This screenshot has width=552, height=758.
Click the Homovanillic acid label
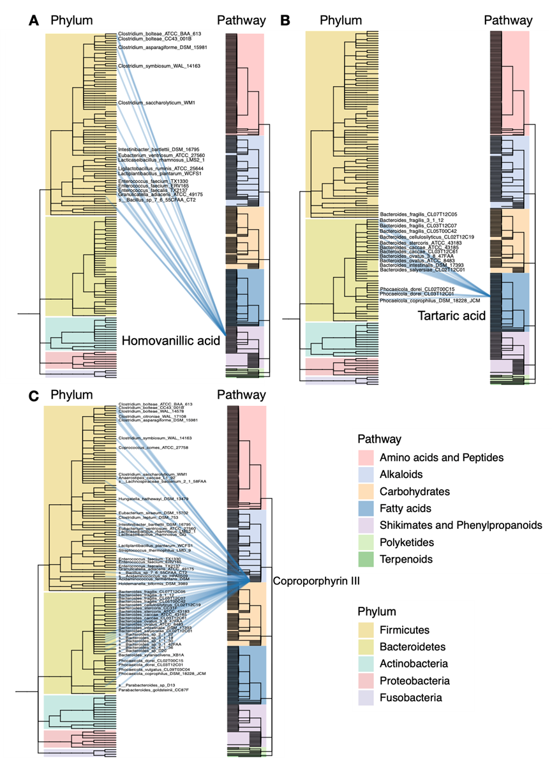pos(170,341)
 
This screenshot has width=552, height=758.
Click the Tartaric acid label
pos(451,315)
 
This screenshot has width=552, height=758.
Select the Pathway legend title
pos(379,440)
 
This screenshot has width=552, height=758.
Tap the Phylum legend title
pos(377,611)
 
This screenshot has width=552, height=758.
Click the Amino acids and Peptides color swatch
pos(366,457)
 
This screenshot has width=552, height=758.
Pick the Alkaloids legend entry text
pos(401,475)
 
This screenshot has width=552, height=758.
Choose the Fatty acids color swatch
pos(366,509)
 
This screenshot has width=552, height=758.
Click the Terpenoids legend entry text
pos(406,559)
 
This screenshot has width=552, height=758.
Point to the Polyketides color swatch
pos(366,542)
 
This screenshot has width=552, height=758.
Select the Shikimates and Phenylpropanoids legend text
pos(460,525)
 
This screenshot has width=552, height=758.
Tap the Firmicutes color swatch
pos(366,630)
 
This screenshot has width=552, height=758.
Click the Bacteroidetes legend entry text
pos(413,647)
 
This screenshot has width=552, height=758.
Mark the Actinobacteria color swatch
pos(366,664)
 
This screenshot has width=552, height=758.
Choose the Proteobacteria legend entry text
pos(414,681)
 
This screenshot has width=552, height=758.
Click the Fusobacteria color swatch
pos(366,697)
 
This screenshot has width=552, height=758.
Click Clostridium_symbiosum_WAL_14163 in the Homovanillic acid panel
pos(159,66)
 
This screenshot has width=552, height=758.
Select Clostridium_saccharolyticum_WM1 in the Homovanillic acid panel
pos(156,103)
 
